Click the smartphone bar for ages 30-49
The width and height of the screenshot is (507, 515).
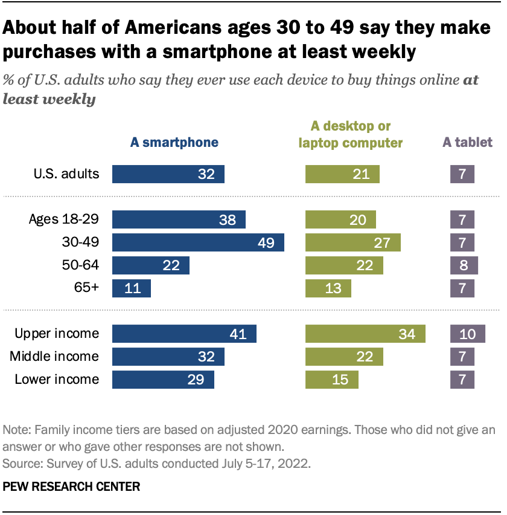[x=198, y=242]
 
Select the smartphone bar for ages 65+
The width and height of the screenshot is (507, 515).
[x=131, y=288]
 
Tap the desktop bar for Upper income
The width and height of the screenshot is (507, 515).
[x=365, y=334]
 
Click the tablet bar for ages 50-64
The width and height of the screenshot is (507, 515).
[x=464, y=265]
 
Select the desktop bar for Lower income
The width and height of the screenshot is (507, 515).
[x=331, y=380]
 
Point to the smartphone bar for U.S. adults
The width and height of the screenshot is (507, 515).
[x=168, y=174]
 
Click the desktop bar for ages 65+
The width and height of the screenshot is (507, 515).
[x=328, y=288]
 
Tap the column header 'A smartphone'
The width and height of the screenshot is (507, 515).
[x=174, y=143]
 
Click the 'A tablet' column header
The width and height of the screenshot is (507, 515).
[x=467, y=143]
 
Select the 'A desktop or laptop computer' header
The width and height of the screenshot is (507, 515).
[x=351, y=134]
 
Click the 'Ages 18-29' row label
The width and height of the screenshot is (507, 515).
[x=64, y=219]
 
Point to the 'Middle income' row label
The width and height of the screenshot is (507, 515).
[x=54, y=357]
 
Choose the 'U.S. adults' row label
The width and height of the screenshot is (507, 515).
[x=66, y=174]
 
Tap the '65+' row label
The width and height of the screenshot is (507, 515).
[x=87, y=288]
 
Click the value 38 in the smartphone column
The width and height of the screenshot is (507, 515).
[x=228, y=219]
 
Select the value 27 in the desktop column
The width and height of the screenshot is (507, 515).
[x=383, y=242]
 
